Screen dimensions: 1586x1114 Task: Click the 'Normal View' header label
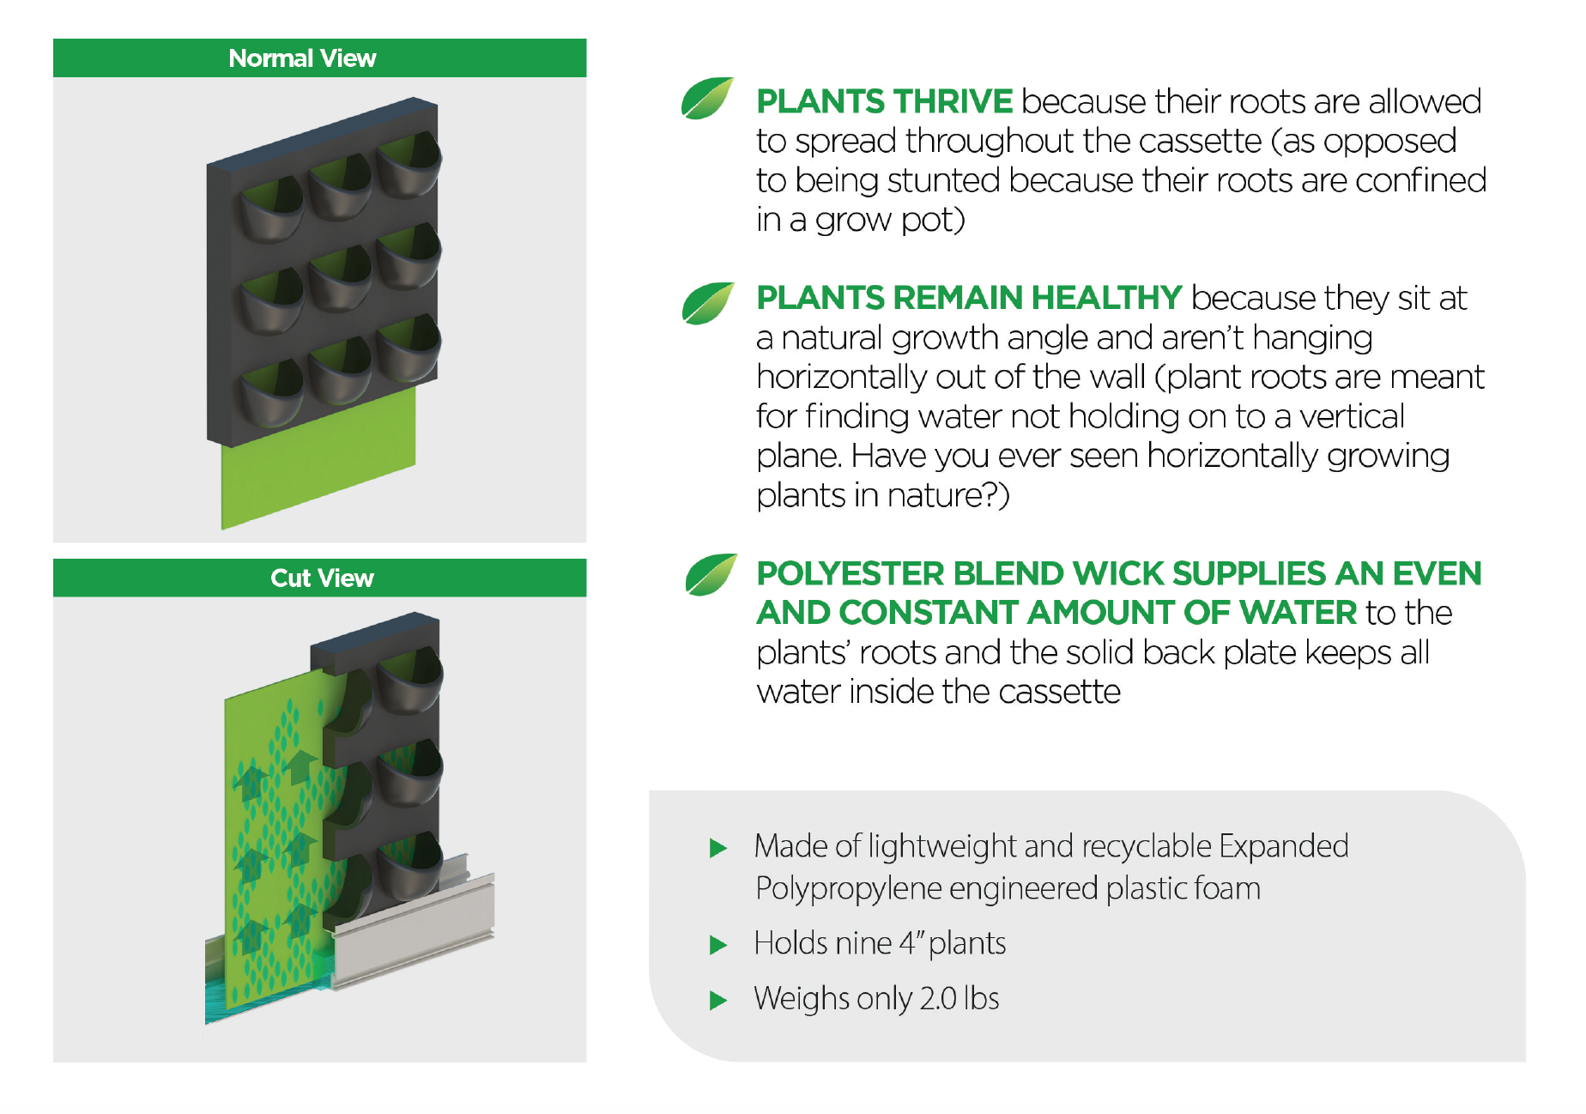coord(302,58)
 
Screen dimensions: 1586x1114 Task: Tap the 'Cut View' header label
coord(322,578)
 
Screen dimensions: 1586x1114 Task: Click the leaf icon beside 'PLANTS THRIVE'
coord(707,98)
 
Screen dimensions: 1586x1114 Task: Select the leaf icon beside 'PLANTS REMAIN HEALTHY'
coord(708,304)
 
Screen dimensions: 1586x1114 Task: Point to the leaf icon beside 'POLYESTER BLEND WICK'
coord(711,574)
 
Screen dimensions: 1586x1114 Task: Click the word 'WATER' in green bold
coord(1298,613)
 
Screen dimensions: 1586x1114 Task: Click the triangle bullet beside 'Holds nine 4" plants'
coord(718,946)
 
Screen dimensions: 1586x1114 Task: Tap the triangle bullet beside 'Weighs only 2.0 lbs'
coord(718,1001)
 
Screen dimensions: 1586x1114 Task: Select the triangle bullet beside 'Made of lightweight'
coord(718,849)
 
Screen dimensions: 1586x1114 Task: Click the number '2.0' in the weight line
coord(938,999)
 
